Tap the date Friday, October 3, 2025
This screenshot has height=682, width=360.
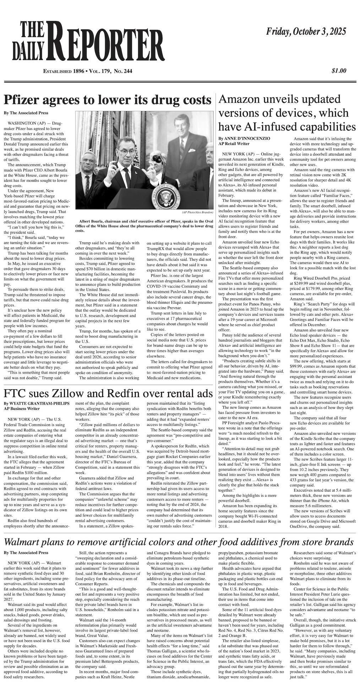coord(306,32)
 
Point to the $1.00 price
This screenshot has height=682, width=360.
coord(339,71)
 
